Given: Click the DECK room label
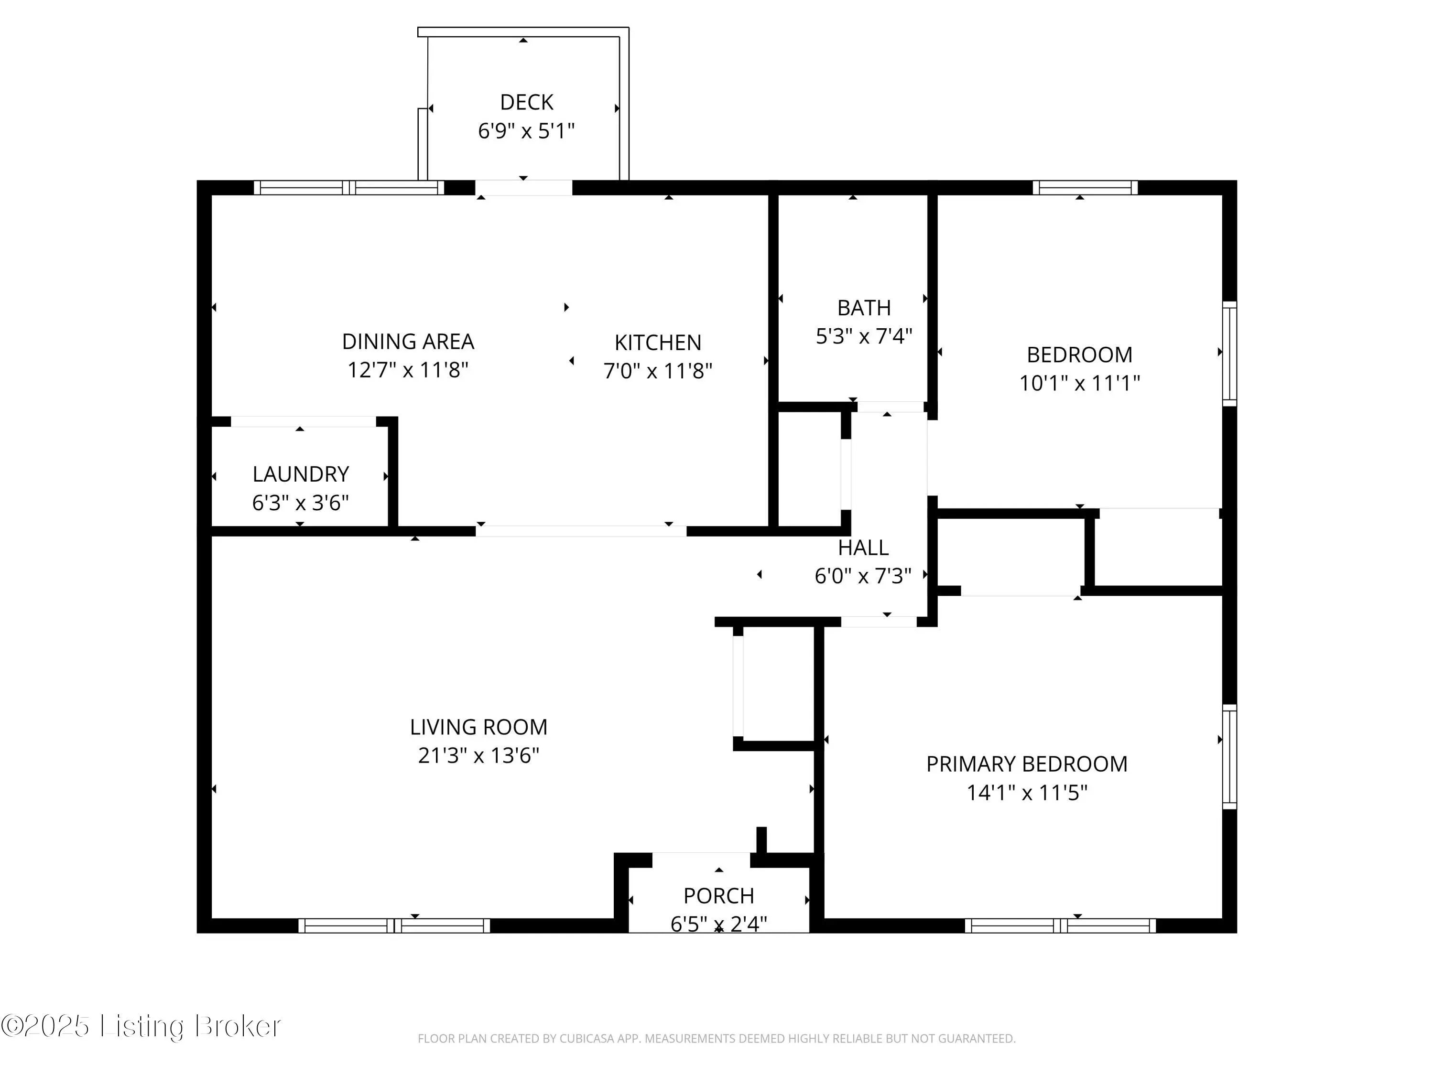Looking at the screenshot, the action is click(x=526, y=102).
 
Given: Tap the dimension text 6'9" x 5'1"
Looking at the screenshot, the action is click(x=526, y=131).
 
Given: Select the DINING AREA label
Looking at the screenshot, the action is click(x=408, y=342).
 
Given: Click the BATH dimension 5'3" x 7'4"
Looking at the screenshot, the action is click(x=864, y=336).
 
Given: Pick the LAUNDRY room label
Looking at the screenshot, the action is click(x=301, y=474).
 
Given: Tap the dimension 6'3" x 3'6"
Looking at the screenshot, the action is click(x=301, y=503).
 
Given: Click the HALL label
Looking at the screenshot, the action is click(x=863, y=548).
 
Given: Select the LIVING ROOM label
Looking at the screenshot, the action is click(x=478, y=728).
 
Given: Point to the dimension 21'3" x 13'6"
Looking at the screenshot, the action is click(x=478, y=755).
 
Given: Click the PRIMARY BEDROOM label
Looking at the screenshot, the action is click(x=1027, y=764).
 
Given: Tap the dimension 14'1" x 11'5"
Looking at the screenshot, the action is click(x=1027, y=793).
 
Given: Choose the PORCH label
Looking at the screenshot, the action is click(x=719, y=896).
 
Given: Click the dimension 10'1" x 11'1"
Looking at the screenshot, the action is click(x=1079, y=384).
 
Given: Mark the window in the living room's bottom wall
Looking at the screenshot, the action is click(x=394, y=926).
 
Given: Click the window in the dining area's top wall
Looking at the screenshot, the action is click(x=349, y=188).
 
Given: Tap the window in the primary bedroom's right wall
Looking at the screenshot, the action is click(x=1229, y=756).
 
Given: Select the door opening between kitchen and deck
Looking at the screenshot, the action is click(x=524, y=188).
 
